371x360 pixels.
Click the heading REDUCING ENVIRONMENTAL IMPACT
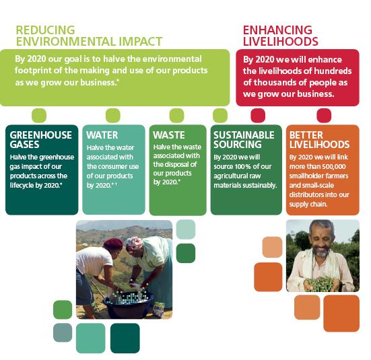tap(89, 36)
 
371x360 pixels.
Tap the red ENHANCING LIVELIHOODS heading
tap(280, 36)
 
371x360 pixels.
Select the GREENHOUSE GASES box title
tap(40, 140)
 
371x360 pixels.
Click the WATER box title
tap(102, 135)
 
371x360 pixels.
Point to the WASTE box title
tap(169, 135)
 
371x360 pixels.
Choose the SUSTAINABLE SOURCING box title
tap(244, 140)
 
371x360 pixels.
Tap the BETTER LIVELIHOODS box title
tap(319, 140)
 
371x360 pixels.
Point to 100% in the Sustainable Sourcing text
tap(242, 166)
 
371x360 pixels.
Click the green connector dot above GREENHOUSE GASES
tap(39, 116)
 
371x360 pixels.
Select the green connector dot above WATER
tap(113, 116)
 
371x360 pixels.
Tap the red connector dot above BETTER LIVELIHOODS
tap(324, 116)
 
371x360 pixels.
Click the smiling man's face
tap(322, 240)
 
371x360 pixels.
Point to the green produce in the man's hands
tap(319, 284)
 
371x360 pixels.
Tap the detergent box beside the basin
tap(159, 310)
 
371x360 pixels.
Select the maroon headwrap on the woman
tap(113, 244)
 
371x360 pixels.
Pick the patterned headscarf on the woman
tap(134, 243)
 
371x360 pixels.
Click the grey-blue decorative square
tap(63, 332)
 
